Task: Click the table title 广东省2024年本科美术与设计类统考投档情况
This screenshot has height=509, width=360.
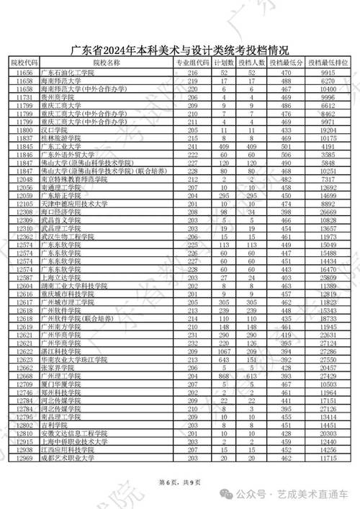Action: click(180, 50)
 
